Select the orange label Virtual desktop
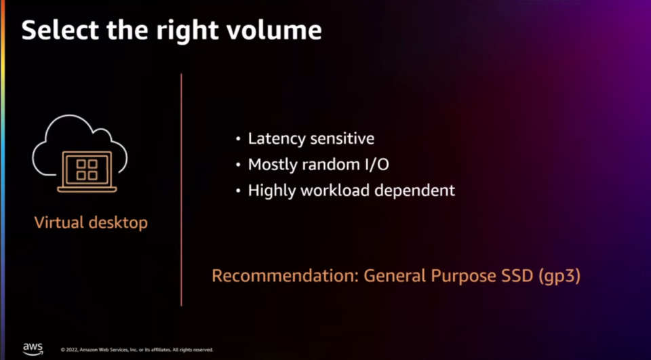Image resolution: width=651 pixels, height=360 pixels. tap(91, 222)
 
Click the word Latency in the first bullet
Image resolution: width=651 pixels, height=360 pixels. tap(276, 139)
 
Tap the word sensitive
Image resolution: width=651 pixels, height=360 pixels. tap(342, 139)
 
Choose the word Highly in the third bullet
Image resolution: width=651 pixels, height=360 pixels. tap(271, 191)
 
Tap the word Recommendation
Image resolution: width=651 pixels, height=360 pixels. tap(285, 277)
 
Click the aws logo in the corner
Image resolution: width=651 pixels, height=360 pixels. tap(33, 348)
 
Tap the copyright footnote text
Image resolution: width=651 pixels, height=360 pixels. tap(137, 350)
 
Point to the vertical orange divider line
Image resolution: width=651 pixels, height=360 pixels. tap(181, 190)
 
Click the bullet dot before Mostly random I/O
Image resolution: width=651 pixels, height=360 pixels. tap(238, 165)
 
